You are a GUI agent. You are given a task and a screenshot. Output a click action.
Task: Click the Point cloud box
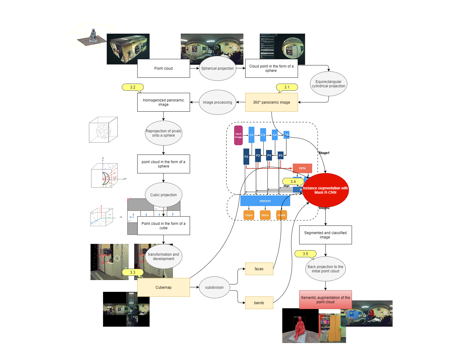(x=163, y=68)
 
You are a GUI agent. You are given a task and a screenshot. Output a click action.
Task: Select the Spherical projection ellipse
(x=217, y=68)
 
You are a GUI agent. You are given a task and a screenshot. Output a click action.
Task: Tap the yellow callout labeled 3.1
(x=287, y=87)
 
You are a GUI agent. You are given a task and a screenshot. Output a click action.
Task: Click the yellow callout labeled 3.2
(x=133, y=87)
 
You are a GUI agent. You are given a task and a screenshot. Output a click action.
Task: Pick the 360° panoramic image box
(x=271, y=102)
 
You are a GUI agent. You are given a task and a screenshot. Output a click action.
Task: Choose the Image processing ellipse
(x=217, y=102)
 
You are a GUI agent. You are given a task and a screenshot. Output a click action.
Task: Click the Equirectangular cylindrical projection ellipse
(x=329, y=84)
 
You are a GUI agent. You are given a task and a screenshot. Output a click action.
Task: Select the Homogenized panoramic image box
(x=163, y=102)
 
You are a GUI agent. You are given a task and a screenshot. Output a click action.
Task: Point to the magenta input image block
(x=238, y=135)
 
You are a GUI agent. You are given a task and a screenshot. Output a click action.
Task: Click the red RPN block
(x=302, y=168)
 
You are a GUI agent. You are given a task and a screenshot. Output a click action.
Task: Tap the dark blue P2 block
(x=246, y=157)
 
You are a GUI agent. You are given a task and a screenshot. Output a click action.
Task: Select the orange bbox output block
(x=265, y=215)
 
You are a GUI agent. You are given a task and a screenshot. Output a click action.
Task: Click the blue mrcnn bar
(x=265, y=201)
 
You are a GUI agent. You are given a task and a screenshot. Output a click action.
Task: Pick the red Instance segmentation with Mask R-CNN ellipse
(x=325, y=190)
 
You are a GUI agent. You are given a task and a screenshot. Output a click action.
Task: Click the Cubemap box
(x=163, y=288)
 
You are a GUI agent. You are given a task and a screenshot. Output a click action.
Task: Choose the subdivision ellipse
(x=214, y=288)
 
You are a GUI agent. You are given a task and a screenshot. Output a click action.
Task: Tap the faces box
(x=259, y=269)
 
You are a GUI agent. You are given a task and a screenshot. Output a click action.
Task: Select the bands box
(x=259, y=303)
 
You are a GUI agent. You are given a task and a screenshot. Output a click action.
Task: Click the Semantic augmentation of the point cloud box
(x=325, y=300)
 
